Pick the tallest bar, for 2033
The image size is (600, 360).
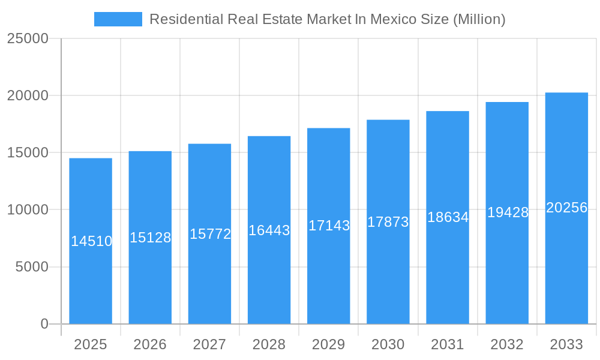(566, 270)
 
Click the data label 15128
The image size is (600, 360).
(151, 238)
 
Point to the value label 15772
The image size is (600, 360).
(210, 234)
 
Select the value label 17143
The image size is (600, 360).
(329, 226)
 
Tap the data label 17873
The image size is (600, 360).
(388, 222)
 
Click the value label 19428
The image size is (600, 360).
(508, 212)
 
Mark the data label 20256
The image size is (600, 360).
(566, 208)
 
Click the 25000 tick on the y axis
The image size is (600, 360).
(28, 38)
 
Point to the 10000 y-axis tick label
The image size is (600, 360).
(28, 210)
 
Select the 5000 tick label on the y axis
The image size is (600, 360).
(32, 267)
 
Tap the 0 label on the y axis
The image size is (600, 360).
(44, 324)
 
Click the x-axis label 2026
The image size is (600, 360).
(150, 344)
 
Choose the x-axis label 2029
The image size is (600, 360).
(329, 344)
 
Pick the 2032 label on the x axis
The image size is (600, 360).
(507, 344)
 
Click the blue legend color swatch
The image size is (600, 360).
(118, 19)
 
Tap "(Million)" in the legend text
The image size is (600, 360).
(479, 19)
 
